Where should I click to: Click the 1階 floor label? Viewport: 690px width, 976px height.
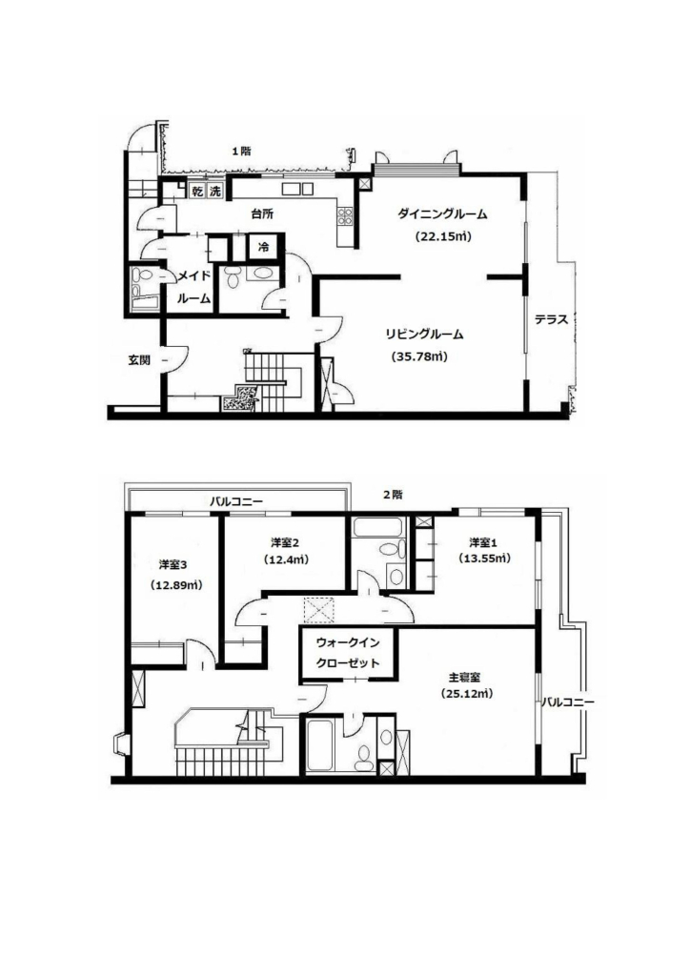241,151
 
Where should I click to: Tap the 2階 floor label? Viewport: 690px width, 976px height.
393,495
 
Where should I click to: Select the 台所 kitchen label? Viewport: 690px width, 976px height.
262,213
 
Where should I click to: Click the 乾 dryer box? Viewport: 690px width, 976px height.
197,191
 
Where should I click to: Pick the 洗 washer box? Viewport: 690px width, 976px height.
214,191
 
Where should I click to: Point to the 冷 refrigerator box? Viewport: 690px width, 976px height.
264,247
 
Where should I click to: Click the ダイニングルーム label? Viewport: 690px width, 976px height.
442,214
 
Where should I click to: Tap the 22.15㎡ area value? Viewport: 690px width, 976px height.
442,236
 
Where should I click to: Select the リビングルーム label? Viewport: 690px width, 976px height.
424,335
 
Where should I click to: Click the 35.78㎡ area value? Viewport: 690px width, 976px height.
419,356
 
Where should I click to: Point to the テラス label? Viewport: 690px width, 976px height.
551,320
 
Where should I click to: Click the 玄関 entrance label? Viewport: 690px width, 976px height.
139,359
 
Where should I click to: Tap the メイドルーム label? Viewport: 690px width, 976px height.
194,287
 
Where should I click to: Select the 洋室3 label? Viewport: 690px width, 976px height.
172,564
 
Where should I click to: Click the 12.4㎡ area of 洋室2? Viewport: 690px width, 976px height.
286,559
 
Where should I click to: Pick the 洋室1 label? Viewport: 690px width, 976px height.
483,542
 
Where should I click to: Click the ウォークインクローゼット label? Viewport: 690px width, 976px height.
348,652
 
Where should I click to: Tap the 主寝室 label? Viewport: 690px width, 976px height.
464,677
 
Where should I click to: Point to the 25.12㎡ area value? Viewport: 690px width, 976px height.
467,694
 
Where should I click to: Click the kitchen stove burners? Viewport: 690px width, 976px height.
345,216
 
